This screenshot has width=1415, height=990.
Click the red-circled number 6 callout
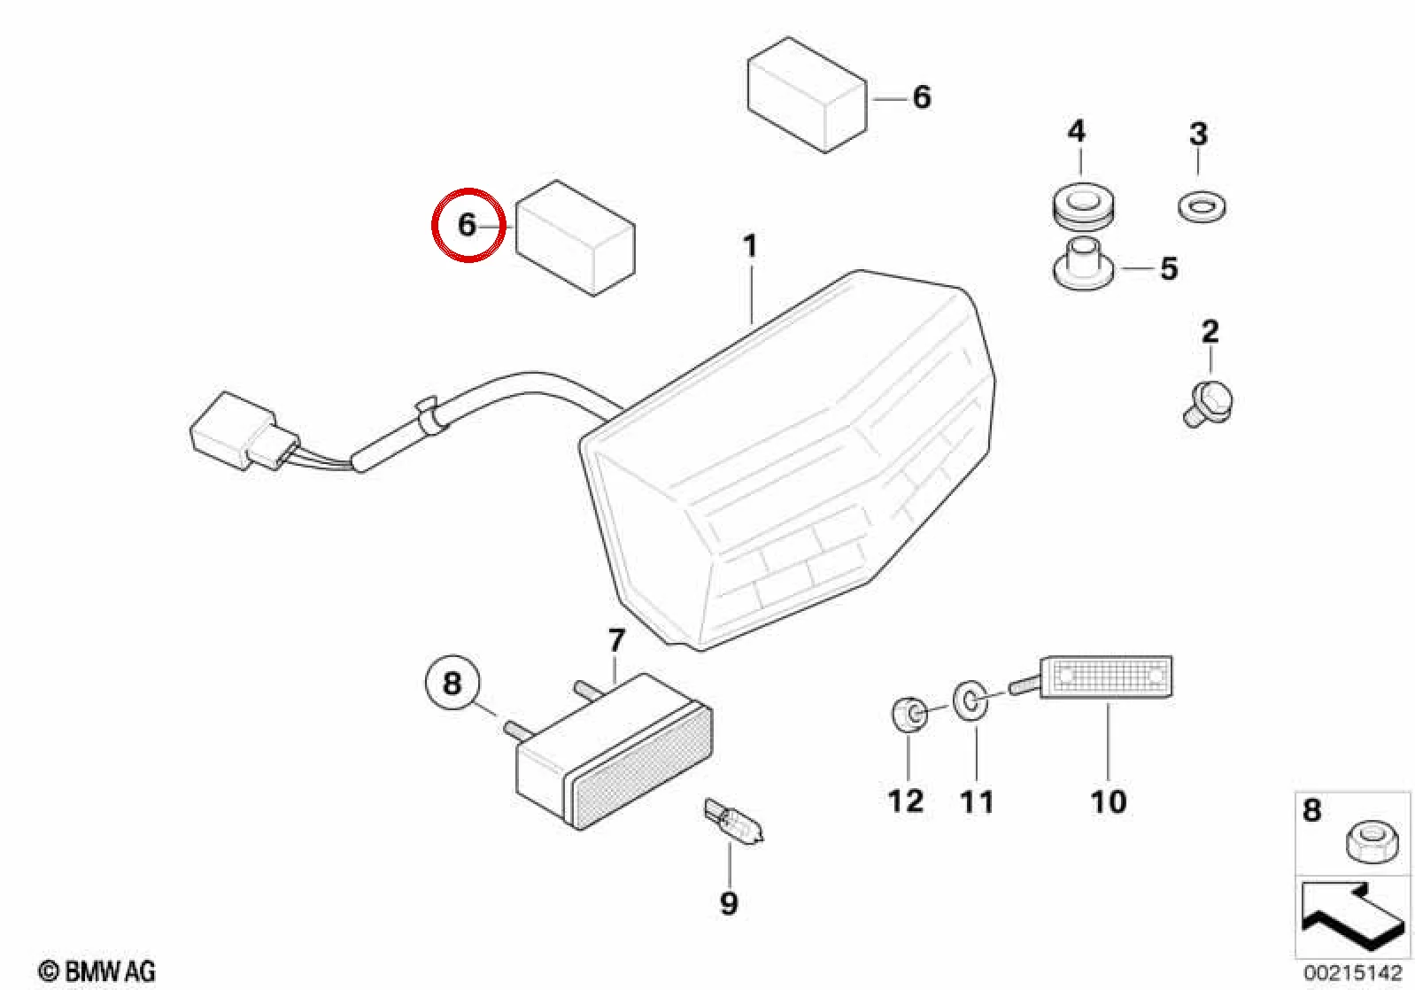click(x=467, y=225)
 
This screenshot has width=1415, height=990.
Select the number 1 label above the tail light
click(x=750, y=246)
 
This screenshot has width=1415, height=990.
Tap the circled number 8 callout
click(x=452, y=683)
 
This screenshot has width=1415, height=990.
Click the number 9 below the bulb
click(x=729, y=904)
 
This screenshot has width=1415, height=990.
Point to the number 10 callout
click(x=1109, y=801)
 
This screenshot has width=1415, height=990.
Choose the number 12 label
click(x=907, y=801)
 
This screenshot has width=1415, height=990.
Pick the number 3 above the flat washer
click(x=1198, y=134)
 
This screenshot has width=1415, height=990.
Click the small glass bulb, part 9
click(x=734, y=823)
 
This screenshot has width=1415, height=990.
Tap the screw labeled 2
click(x=1208, y=404)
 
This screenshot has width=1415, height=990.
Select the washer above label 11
click(x=970, y=700)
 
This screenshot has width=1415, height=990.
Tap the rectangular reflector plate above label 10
click(x=1105, y=677)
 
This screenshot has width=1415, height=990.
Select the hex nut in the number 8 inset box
click(x=1369, y=842)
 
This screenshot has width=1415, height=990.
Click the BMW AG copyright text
click(x=97, y=971)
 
